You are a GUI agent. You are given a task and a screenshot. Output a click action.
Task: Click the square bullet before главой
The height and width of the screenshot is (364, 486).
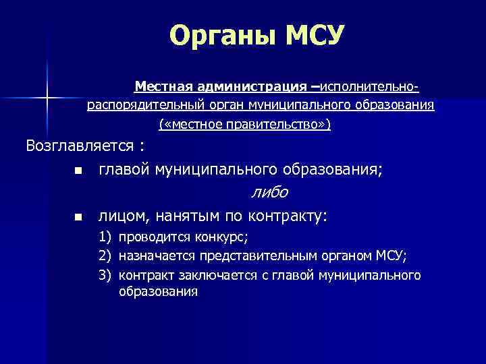click(78, 170)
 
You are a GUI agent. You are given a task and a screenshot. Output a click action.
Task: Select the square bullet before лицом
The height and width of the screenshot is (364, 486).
click(78, 218)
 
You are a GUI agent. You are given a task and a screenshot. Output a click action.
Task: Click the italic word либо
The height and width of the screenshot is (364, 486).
click(269, 193)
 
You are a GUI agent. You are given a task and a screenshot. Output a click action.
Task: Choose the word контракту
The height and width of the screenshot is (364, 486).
click(288, 216)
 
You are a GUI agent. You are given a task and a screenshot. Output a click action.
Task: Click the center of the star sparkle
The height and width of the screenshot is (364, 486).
click(47, 98)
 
